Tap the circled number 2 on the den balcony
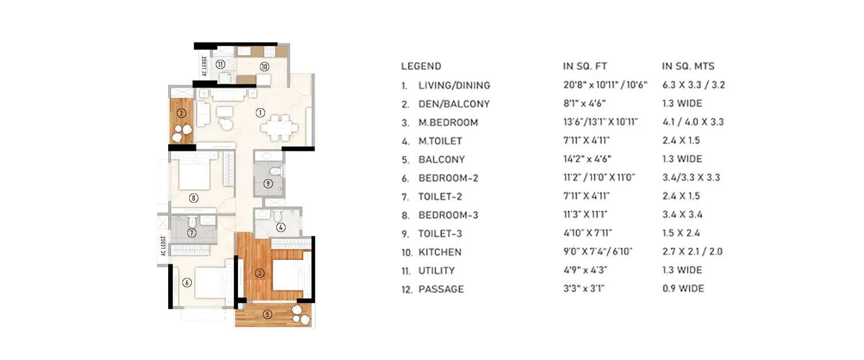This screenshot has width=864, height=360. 181,113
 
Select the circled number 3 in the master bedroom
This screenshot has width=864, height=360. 260,273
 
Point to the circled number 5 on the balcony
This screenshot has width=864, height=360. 267,314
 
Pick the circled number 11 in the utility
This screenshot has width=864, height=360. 220,64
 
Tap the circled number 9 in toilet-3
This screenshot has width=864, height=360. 268,184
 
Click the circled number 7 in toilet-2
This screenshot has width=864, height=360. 192,233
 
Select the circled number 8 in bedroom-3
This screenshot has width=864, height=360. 194,198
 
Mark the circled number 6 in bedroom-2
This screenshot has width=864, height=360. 187,283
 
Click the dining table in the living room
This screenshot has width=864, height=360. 279,127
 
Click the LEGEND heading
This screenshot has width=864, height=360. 420,66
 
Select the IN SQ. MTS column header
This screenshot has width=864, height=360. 688,66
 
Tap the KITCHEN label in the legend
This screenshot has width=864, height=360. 439,252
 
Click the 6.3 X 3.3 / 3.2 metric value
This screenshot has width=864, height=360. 694,85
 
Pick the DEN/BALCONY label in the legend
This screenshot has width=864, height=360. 453,104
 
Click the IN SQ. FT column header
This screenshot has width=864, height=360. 585,66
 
